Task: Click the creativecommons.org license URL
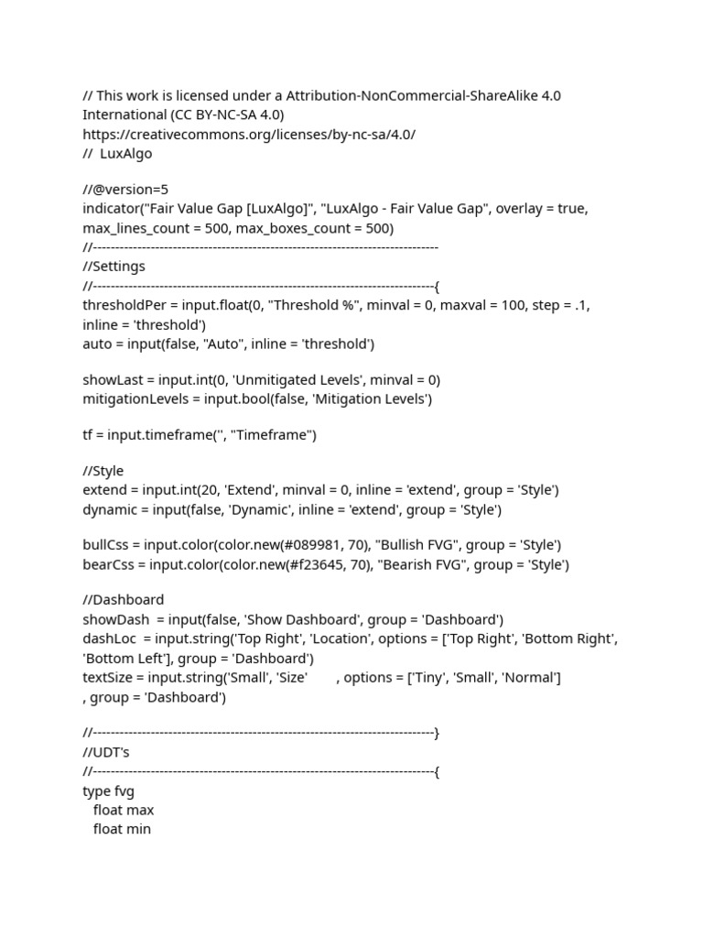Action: (249, 134)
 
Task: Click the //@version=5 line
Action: (125, 190)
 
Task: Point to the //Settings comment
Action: (114, 267)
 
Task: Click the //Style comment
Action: (103, 471)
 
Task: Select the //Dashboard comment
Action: (124, 600)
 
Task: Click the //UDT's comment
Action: (106, 752)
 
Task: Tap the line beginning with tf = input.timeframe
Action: (200, 435)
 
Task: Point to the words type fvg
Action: (109, 791)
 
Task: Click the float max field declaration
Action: (124, 810)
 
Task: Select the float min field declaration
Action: (122, 829)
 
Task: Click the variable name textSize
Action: (111, 678)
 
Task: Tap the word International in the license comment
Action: (124, 115)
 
